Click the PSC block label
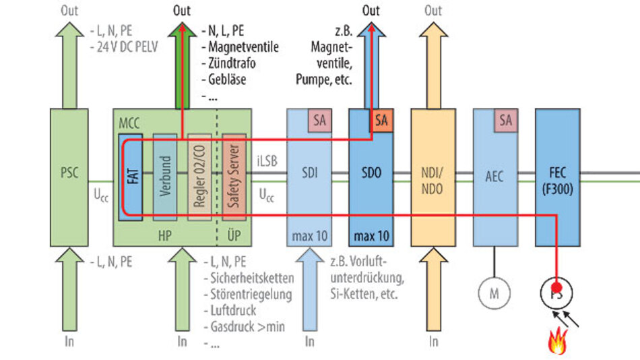tap(69, 173)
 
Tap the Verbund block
tap(164, 177)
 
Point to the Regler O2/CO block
tap(199, 177)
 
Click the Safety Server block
tap(235, 177)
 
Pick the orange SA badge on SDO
tap(381, 121)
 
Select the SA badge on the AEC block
tap(505, 121)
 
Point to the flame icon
tap(558, 341)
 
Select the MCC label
tap(129, 123)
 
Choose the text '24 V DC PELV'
tap(125, 46)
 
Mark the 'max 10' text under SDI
tap(309, 237)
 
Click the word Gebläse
tap(227, 79)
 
